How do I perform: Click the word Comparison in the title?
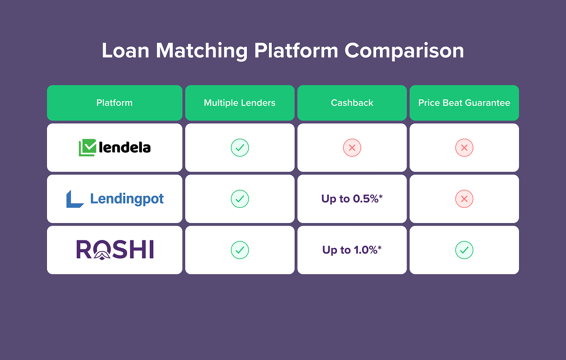click(404, 51)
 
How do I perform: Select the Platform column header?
click(114, 103)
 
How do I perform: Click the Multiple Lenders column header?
click(239, 103)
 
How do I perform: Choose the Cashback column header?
click(352, 103)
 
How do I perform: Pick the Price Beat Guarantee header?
click(464, 103)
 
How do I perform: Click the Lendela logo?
click(115, 148)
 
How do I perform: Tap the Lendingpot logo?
click(115, 199)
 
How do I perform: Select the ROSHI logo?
click(115, 250)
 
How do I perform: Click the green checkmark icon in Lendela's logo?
click(87, 148)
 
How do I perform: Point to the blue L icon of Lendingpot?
click(74, 199)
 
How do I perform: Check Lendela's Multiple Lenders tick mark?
click(239, 148)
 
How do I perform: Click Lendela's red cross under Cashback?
click(352, 148)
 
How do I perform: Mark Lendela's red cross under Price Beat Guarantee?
click(464, 148)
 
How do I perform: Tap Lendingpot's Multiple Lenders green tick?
click(239, 199)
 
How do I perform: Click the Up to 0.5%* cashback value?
click(352, 199)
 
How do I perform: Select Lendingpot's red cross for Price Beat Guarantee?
click(464, 199)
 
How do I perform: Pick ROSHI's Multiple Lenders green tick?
click(239, 250)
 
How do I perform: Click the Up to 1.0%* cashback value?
click(352, 250)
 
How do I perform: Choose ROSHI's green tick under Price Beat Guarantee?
click(464, 250)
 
